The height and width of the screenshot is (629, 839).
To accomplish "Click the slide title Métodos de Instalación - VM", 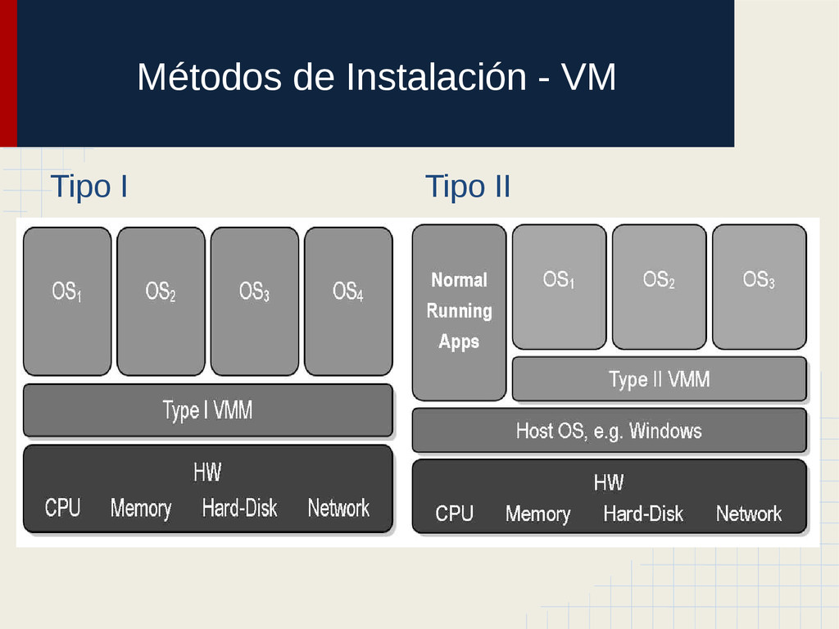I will pos(375,79).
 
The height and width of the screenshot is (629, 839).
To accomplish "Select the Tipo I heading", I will pos(88,187).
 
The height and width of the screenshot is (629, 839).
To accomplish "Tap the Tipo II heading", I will pos(468,187).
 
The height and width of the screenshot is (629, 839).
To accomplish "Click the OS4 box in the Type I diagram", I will pos(348,301).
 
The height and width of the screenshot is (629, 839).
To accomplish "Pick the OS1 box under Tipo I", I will pos(67,301).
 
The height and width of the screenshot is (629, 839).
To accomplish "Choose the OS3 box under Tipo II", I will pos(759,287).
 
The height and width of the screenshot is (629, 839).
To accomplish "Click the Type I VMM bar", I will pos(207,410).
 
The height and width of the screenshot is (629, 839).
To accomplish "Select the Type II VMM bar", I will pos(659,379).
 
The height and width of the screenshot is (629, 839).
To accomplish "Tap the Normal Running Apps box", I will pos(459,312).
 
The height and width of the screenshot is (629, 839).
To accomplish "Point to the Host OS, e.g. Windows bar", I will pos(609,431).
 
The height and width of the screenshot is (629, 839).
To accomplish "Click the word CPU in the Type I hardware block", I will pos(63,509).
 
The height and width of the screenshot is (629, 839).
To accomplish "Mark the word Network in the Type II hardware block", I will pos(749,514).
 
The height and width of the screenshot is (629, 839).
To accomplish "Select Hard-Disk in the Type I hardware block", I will pos(240,509).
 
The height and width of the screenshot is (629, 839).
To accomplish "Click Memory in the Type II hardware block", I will pos(537,514).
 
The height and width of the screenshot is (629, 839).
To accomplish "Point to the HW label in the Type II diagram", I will pos(609,482).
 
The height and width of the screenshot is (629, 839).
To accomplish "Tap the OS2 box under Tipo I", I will pos(161,301).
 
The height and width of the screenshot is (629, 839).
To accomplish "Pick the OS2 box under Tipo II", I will pos(659,287).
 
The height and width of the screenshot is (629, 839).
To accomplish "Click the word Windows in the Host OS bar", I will pos(665,431).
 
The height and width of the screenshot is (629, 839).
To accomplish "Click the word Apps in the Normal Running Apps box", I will pos(459,342).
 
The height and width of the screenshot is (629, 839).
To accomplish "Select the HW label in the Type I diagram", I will pos(207,473).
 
